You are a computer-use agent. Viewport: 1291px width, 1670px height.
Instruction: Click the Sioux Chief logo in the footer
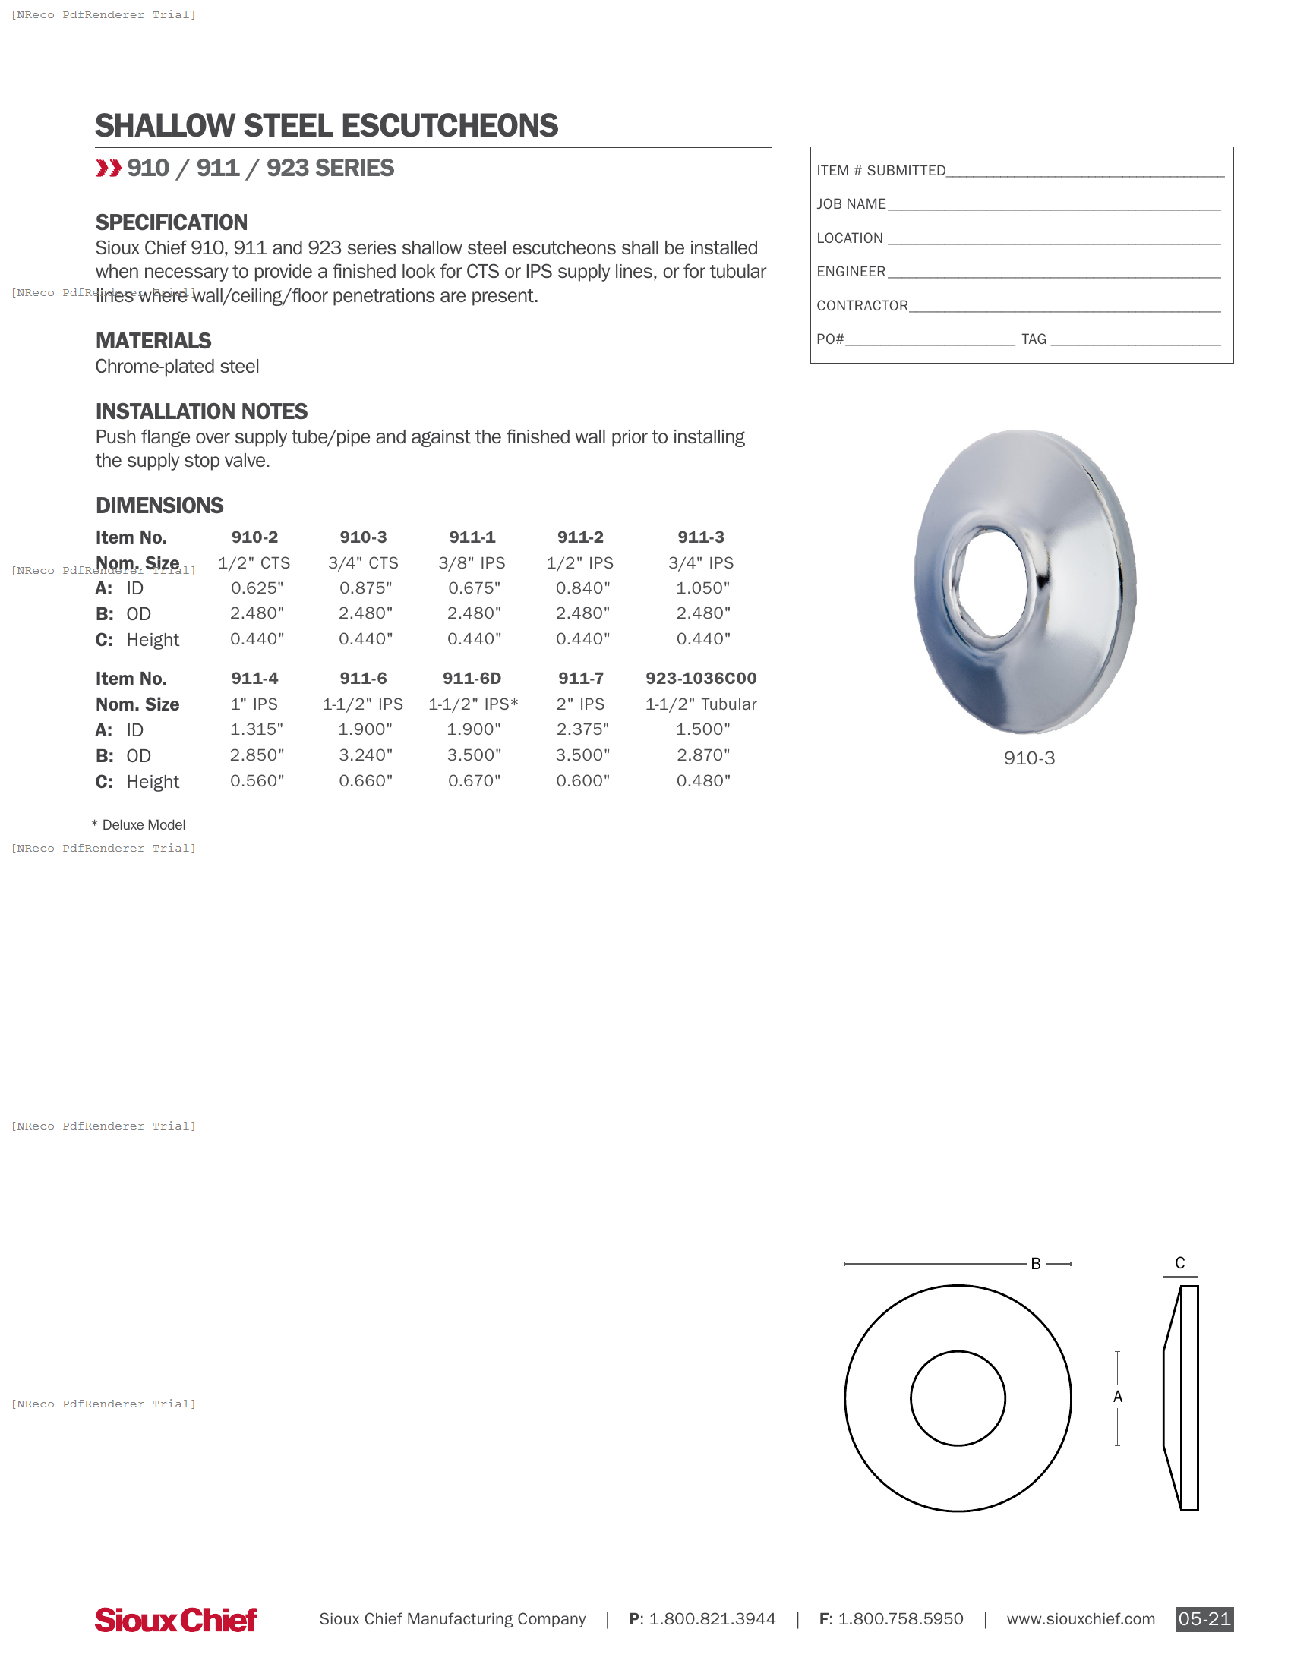click(x=175, y=1620)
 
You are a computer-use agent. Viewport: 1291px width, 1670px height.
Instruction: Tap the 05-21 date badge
click(x=1203, y=1619)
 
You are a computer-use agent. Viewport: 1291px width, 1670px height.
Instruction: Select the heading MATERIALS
click(x=153, y=341)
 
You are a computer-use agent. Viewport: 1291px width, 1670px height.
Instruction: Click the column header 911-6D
click(x=472, y=678)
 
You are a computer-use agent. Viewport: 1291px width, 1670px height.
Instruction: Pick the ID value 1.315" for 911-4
click(x=257, y=729)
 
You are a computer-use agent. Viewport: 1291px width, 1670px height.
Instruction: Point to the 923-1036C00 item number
click(x=701, y=678)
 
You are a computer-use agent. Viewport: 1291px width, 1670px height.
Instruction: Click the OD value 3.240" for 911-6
click(x=365, y=755)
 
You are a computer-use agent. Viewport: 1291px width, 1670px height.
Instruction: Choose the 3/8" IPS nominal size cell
click(x=472, y=562)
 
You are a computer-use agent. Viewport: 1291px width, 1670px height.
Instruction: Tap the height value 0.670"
click(x=474, y=780)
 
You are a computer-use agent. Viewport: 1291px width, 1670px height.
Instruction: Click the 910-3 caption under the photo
click(x=1029, y=758)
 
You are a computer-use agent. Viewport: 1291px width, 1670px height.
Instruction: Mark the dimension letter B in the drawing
click(x=1036, y=1264)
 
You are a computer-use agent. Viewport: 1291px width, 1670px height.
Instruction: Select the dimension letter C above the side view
click(x=1179, y=1263)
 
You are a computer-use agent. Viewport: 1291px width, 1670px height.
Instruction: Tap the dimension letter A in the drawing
click(x=1117, y=1397)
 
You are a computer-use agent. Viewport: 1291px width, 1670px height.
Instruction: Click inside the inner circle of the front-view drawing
click(x=958, y=1398)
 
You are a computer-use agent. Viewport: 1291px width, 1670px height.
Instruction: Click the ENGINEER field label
click(x=851, y=272)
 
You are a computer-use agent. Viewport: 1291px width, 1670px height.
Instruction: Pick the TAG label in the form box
click(x=1034, y=339)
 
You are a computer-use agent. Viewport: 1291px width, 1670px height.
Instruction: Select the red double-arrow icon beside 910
click(x=109, y=169)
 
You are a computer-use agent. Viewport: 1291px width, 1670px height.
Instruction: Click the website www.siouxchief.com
click(x=1080, y=1619)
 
